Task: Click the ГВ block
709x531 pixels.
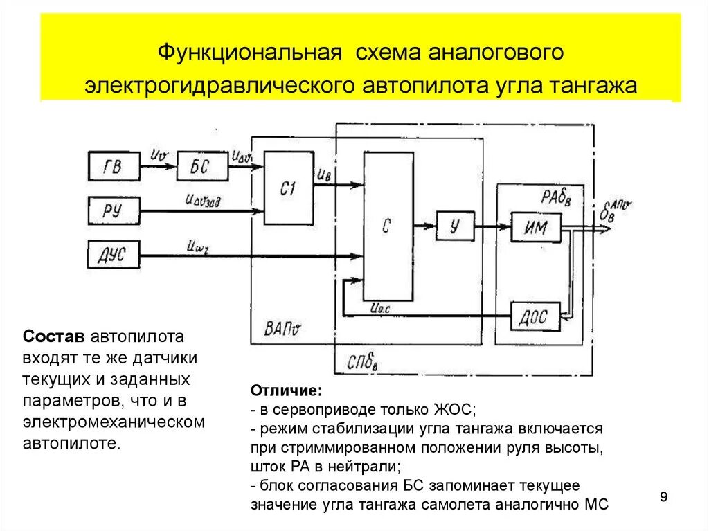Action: coord(114,166)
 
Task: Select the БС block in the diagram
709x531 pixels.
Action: coord(201,167)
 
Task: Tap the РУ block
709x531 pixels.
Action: coord(114,210)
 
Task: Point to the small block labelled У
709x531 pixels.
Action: coord(454,226)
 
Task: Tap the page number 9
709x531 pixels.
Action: coord(663,497)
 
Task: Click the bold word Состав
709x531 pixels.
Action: coord(54,336)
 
